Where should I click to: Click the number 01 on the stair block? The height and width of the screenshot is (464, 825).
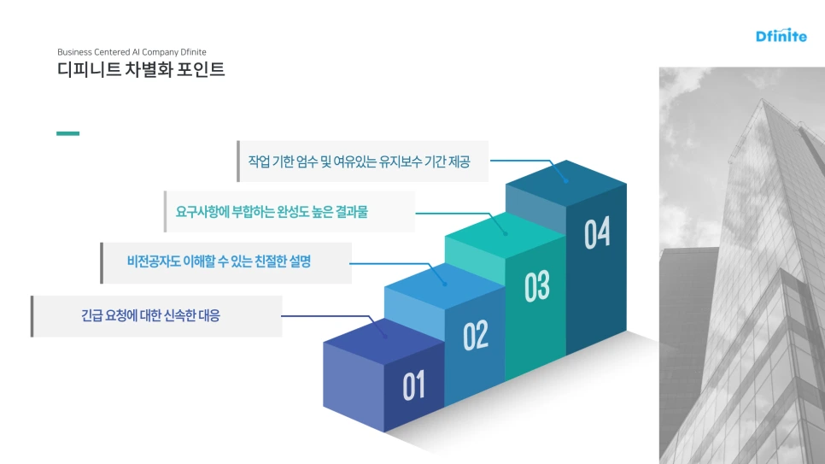click(413, 386)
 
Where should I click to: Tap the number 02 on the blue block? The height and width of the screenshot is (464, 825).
click(476, 336)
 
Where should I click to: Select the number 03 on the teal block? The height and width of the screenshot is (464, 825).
click(536, 286)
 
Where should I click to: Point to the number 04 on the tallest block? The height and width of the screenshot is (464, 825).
click(597, 233)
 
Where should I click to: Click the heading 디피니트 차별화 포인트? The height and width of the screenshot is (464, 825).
click(141, 70)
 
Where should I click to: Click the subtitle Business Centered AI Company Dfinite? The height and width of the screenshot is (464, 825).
click(132, 51)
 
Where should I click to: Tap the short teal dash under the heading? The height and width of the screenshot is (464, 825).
click(67, 133)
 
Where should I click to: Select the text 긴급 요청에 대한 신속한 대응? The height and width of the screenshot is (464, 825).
click(150, 316)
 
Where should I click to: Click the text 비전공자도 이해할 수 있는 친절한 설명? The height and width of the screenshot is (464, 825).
click(219, 262)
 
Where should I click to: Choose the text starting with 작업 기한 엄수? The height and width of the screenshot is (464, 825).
click(359, 161)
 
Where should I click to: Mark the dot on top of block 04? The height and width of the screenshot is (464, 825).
click(565, 180)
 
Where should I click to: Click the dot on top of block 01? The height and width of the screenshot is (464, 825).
click(385, 336)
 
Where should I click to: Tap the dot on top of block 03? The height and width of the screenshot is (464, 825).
click(506, 232)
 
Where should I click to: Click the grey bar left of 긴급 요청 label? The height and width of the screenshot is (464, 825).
click(32, 316)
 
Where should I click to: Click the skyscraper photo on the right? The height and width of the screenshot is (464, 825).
click(741, 265)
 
